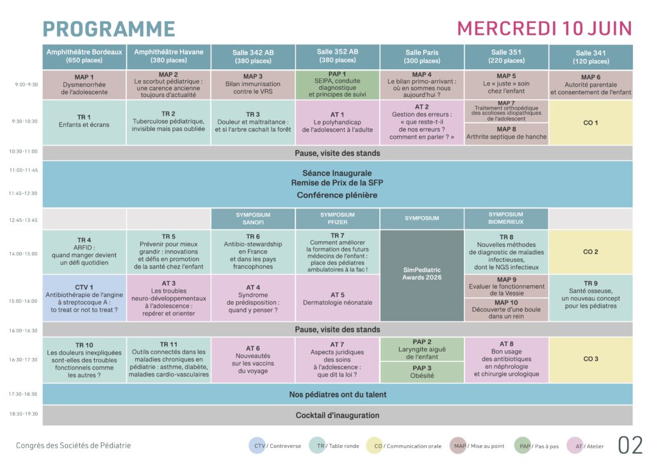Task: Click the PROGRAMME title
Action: (x=108, y=29)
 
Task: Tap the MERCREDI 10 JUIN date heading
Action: (x=544, y=28)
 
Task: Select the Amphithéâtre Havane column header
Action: (x=168, y=56)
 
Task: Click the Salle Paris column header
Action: (x=422, y=56)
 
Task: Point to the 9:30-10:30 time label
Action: (x=24, y=121)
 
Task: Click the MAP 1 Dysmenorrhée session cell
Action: (x=85, y=84)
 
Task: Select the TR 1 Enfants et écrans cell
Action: (x=85, y=121)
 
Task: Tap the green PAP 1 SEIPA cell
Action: (x=338, y=84)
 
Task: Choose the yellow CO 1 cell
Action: (x=590, y=123)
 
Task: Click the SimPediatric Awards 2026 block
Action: (x=422, y=275)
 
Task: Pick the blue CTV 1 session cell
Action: (x=85, y=297)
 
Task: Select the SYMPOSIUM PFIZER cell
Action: (x=338, y=219)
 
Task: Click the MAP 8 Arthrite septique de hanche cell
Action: (x=506, y=133)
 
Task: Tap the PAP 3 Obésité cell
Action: (x=422, y=372)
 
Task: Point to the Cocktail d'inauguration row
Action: (x=337, y=415)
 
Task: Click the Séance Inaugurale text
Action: (x=337, y=173)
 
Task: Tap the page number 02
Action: (x=630, y=445)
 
